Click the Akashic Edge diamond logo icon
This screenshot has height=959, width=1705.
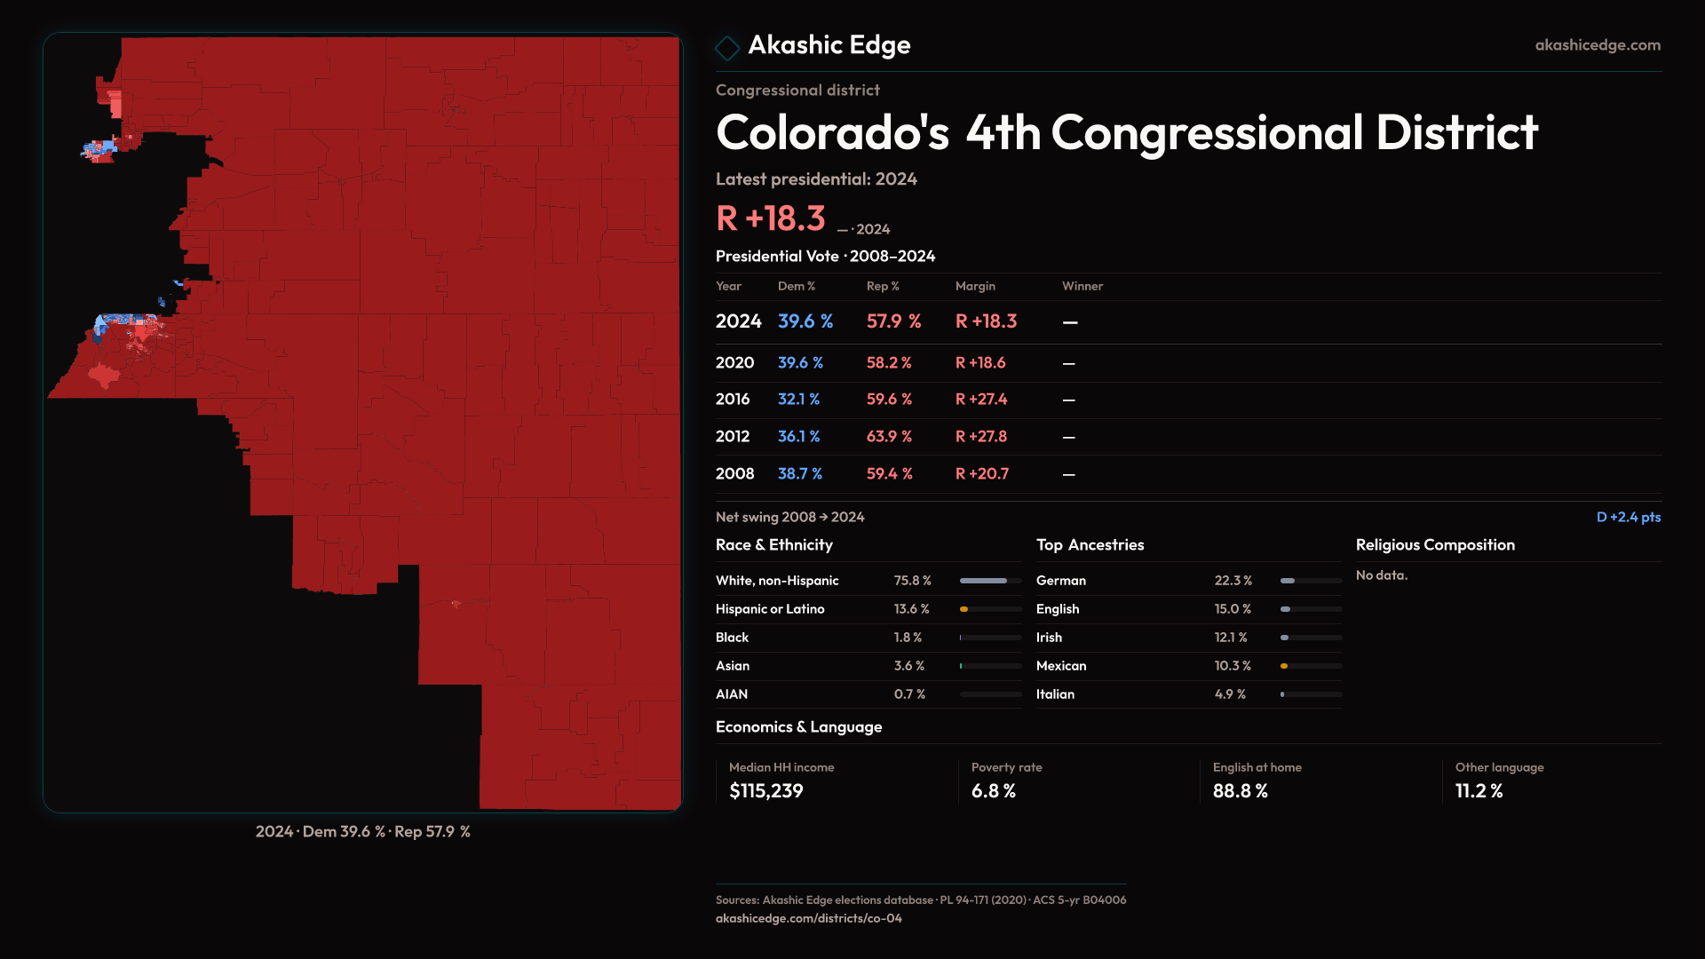tap(727, 47)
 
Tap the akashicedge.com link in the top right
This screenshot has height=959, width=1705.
tap(1597, 45)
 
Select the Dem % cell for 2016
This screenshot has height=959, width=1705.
tap(798, 400)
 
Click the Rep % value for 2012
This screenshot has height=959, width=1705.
tap(889, 437)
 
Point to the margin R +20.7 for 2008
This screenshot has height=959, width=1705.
tap(981, 474)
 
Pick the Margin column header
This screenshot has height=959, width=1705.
tap(975, 286)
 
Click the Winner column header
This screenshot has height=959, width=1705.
tap(1082, 286)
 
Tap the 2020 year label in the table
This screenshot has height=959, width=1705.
tap(734, 363)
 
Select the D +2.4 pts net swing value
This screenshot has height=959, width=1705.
tap(1628, 517)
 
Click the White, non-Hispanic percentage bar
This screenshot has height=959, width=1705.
tap(989, 581)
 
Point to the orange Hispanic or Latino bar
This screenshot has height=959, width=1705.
tap(964, 609)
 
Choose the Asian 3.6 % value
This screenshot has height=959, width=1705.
tap(908, 666)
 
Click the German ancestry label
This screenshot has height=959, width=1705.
tap(1060, 581)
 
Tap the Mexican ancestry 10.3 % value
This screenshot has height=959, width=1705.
tap(1233, 666)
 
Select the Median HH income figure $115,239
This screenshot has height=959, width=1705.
tap(765, 791)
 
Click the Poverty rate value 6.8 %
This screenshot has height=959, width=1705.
tap(993, 791)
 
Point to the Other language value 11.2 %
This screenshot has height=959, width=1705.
tap(1479, 791)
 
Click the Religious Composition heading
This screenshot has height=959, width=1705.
tap(1434, 545)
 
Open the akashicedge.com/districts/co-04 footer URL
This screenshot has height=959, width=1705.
tap(808, 918)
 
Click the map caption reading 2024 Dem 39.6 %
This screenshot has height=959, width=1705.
tap(362, 832)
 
